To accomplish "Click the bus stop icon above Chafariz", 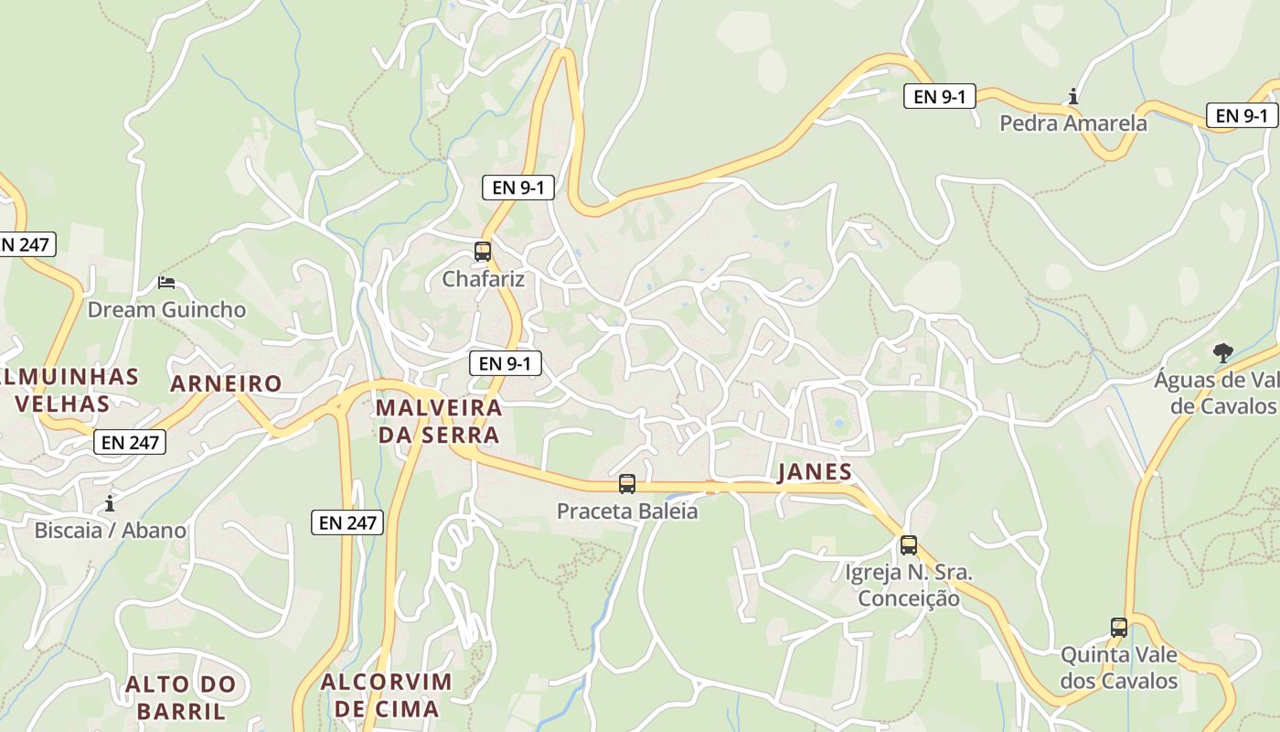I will [x=482, y=251].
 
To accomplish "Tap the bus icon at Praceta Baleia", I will [x=626, y=484].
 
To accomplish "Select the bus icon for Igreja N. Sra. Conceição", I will [x=908, y=545].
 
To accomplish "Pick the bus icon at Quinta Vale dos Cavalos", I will [x=1118, y=628].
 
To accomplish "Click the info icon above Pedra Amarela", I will [x=1072, y=96].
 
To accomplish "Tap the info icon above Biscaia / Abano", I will [x=110, y=503].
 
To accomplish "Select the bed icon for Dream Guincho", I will [x=165, y=283].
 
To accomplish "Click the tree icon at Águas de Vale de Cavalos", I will [x=1222, y=352].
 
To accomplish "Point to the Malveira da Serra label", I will [x=439, y=420].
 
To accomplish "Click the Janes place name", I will [x=814, y=472].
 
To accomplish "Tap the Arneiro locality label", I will [x=226, y=383].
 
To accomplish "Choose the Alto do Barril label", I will [x=180, y=696].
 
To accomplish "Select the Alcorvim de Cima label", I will [x=386, y=694].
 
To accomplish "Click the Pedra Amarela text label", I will [x=1072, y=123].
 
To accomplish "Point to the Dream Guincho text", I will [x=166, y=309].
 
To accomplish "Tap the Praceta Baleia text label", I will [x=626, y=511].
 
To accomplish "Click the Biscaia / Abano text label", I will [x=110, y=530].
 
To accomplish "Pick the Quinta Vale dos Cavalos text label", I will [x=1118, y=668].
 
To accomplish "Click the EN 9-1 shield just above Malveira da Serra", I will [x=505, y=363].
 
